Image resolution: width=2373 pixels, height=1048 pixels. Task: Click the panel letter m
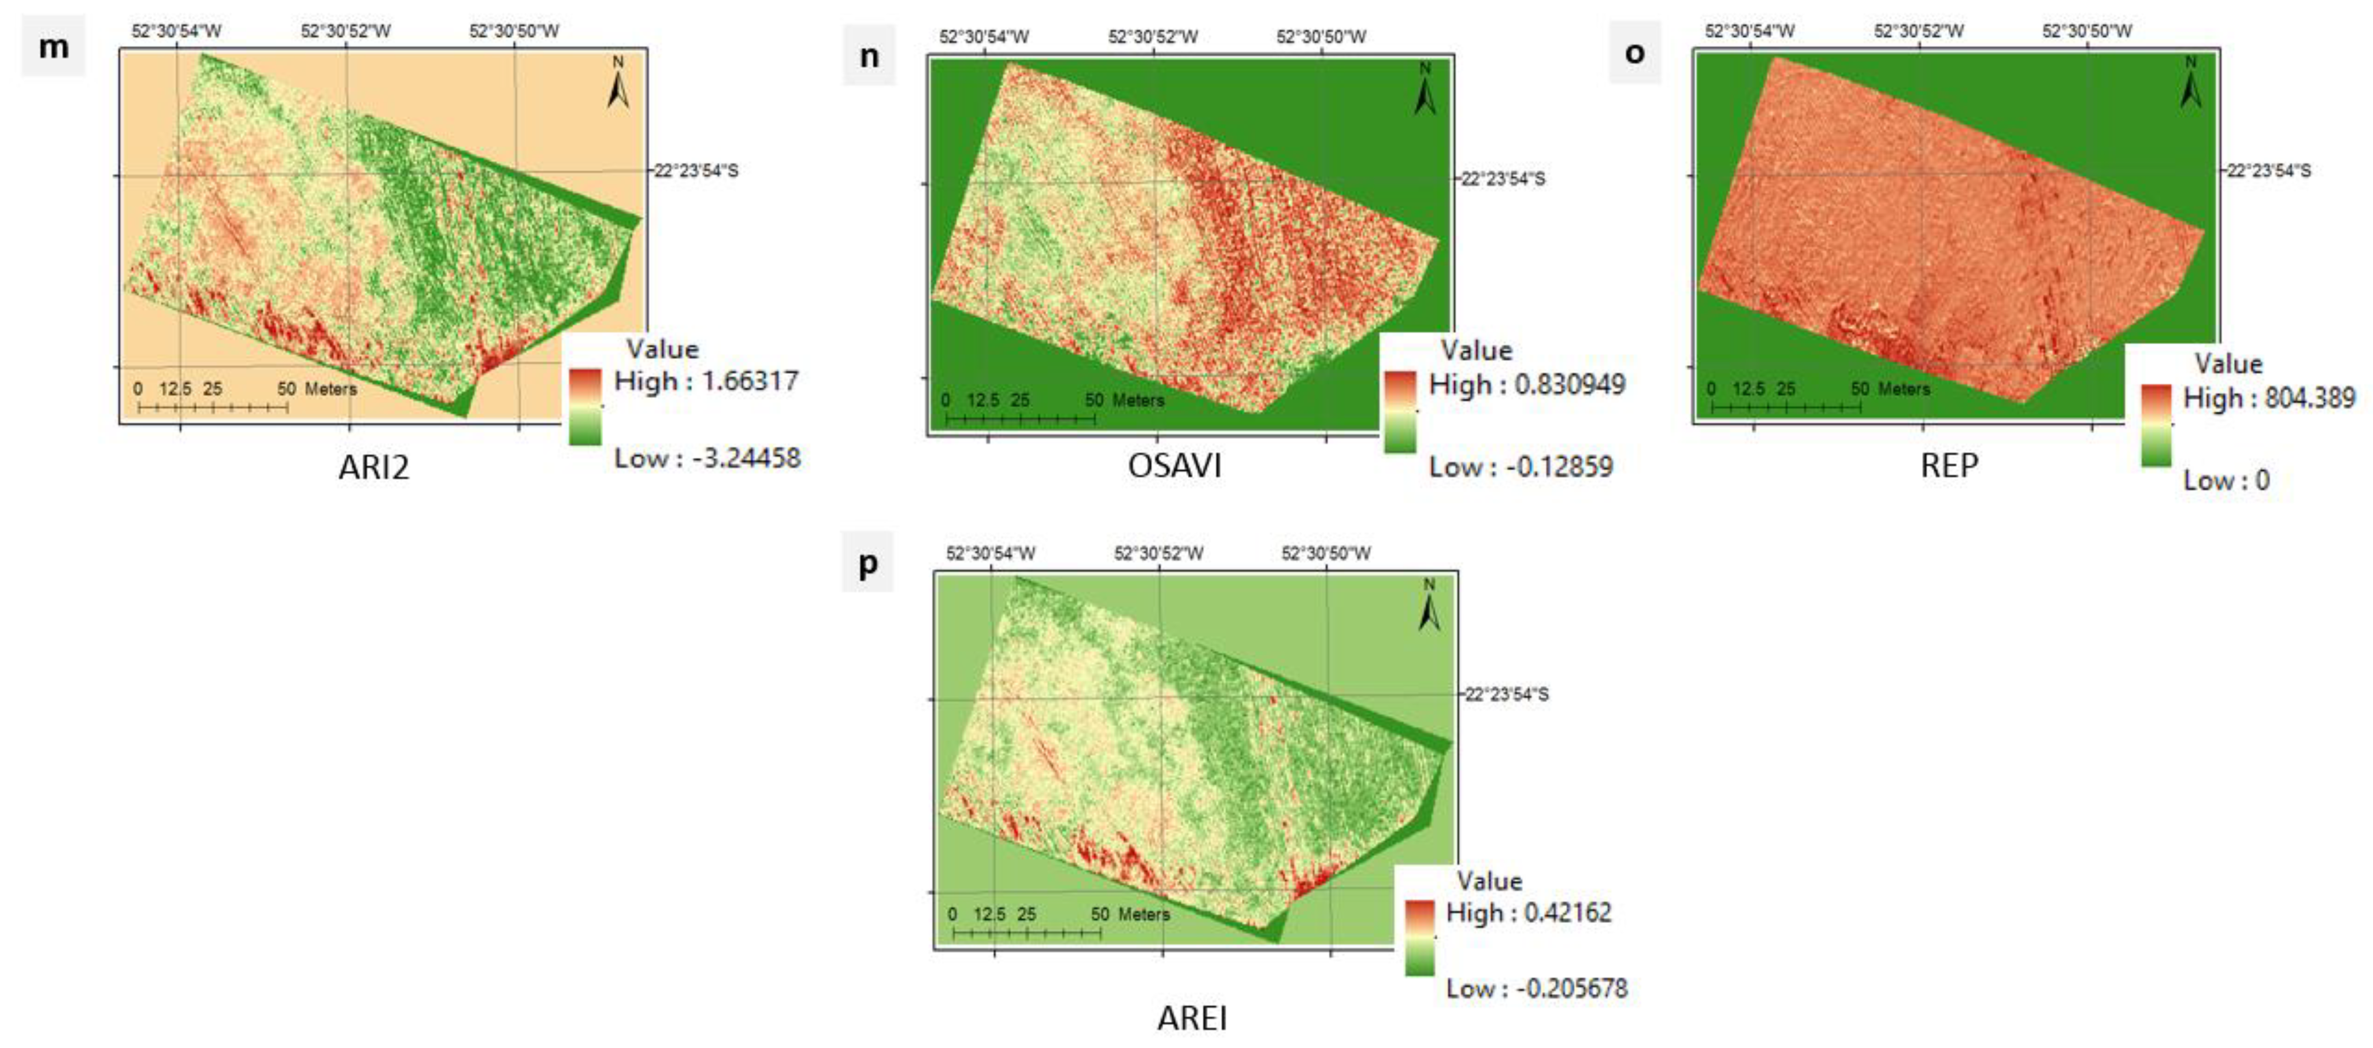(53, 46)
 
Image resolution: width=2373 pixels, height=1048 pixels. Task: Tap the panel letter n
(869, 56)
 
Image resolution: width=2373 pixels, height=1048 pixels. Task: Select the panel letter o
(1634, 53)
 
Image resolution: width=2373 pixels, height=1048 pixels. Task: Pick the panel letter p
(868, 563)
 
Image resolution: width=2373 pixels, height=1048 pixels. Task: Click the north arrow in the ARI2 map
(618, 82)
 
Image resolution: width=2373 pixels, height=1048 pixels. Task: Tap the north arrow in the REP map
(2190, 82)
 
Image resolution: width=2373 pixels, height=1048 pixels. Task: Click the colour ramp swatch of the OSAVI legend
(1399, 412)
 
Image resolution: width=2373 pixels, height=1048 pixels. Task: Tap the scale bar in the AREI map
(1026, 932)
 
